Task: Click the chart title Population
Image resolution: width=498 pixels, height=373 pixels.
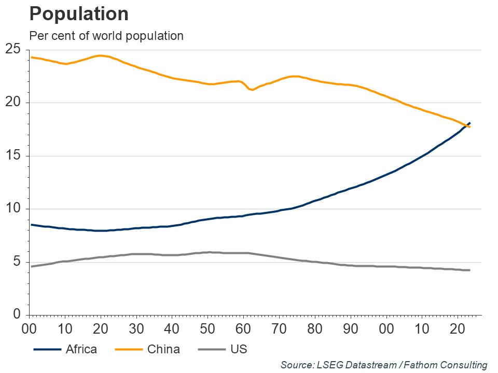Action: click(79, 14)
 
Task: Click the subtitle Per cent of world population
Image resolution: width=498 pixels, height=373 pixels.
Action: click(106, 36)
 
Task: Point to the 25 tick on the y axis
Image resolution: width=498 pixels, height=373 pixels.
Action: click(13, 50)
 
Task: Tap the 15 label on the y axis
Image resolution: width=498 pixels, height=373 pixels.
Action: click(13, 156)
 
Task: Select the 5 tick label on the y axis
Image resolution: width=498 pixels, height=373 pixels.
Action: click(17, 262)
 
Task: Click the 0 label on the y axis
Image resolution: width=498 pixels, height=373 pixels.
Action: click(17, 315)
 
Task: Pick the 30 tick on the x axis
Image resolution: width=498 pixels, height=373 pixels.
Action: click(136, 329)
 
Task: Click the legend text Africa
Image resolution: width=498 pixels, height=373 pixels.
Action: click(81, 349)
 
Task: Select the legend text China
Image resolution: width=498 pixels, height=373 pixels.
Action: click(163, 349)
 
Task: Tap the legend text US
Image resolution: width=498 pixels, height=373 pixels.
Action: click(238, 349)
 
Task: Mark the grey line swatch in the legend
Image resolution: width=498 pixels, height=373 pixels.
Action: click(211, 350)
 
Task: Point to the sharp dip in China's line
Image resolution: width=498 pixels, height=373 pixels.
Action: click(252, 90)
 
